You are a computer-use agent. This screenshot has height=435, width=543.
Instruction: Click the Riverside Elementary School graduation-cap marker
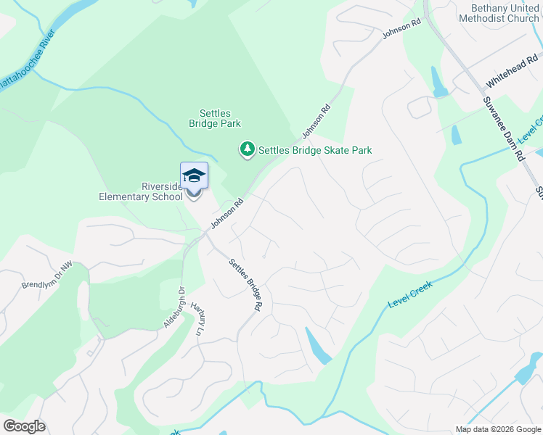click(x=194, y=176)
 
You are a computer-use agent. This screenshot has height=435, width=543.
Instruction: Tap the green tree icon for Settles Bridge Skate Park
click(x=248, y=149)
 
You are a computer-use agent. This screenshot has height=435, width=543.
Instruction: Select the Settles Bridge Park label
click(x=215, y=119)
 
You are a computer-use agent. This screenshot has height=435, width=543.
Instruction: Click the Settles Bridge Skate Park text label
click(x=315, y=151)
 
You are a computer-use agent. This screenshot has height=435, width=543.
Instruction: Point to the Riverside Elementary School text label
click(x=141, y=191)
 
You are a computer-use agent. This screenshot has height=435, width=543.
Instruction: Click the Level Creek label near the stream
click(x=410, y=294)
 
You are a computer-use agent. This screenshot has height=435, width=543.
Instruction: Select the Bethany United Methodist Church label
click(x=499, y=12)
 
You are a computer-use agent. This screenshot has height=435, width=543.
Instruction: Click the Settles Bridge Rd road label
click(x=245, y=285)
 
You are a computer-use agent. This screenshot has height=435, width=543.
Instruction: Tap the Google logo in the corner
click(x=24, y=426)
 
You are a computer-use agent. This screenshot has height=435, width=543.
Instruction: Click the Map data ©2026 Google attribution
click(x=497, y=429)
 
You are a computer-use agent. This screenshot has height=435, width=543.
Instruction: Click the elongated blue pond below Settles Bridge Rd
click(x=318, y=346)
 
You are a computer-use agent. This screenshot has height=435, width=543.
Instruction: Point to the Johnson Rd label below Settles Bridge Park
click(x=317, y=120)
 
